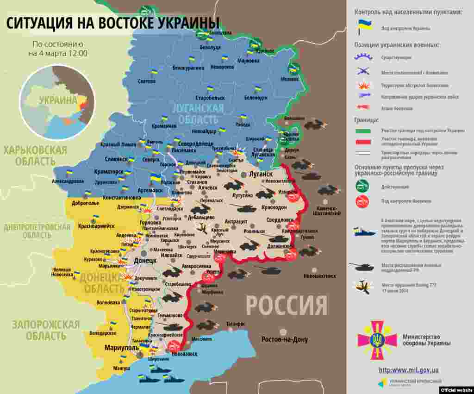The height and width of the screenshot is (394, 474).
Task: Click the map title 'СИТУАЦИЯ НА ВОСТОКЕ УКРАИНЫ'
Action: point(112,23)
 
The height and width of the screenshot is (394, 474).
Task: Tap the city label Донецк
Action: point(145,261)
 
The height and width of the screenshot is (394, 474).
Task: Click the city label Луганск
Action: point(261,174)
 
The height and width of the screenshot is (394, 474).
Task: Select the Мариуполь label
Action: point(121,347)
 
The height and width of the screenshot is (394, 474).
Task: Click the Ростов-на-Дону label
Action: point(284,339)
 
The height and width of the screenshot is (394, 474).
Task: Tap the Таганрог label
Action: point(236,324)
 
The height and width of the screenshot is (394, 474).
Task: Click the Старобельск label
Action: point(210,98)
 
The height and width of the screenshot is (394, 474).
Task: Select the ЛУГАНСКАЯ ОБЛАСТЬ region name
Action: point(198,114)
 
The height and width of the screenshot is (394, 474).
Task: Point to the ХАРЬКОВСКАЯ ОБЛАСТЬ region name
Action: point(35,156)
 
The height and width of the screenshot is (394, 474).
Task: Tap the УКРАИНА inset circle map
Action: point(57,102)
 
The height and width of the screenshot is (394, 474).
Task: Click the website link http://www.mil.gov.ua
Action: point(408,370)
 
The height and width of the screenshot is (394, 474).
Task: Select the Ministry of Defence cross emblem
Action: point(377,340)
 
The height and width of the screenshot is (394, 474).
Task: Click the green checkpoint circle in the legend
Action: point(362,186)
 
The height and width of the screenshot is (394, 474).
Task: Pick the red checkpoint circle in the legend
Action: point(362,201)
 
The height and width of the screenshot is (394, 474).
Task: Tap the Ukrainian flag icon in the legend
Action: point(364,27)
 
